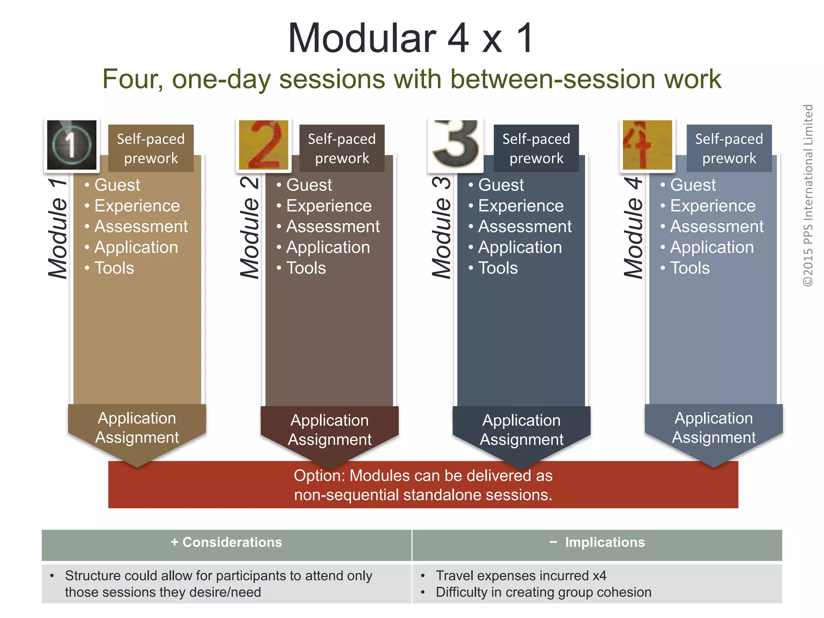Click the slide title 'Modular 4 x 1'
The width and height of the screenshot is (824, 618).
411,38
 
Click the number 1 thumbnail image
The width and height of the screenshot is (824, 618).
72,145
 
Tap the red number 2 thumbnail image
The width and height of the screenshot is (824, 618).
264,145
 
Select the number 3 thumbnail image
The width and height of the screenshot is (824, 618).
455,145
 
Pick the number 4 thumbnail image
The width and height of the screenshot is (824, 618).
647,145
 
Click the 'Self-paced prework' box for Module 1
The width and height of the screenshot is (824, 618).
151,148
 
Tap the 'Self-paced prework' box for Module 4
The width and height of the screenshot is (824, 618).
729,148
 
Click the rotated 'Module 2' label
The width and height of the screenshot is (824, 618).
250,227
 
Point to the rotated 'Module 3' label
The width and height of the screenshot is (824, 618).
442,227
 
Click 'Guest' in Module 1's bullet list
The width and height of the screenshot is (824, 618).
117,185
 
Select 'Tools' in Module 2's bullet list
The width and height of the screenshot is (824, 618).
306,268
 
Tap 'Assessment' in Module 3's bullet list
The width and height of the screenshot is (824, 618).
525,227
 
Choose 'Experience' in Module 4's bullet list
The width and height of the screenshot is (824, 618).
713,206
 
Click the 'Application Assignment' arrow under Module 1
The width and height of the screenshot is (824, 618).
137,428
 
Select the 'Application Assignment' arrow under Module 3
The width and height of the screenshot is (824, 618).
521,430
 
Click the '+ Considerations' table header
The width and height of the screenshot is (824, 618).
227,542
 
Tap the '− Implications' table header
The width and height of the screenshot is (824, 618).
597,542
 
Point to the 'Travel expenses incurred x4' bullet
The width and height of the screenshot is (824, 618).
521,576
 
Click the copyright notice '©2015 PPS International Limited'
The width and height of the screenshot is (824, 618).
808,195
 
